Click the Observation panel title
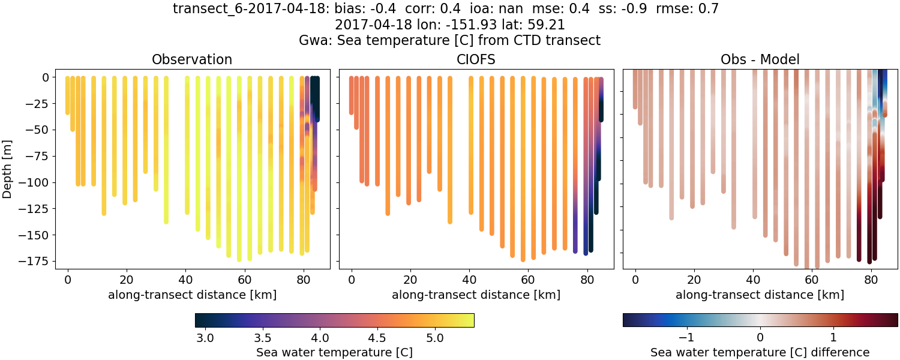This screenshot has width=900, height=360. (x=191, y=59)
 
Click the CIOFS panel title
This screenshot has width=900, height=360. (x=476, y=59)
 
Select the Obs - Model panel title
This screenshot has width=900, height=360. (x=760, y=59)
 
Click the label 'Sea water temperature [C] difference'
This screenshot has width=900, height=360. (x=760, y=352)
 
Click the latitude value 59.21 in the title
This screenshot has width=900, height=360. (x=547, y=25)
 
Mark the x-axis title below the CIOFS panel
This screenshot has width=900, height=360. (x=476, y=295)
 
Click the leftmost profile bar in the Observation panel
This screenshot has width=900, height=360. (x=67, y=95)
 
